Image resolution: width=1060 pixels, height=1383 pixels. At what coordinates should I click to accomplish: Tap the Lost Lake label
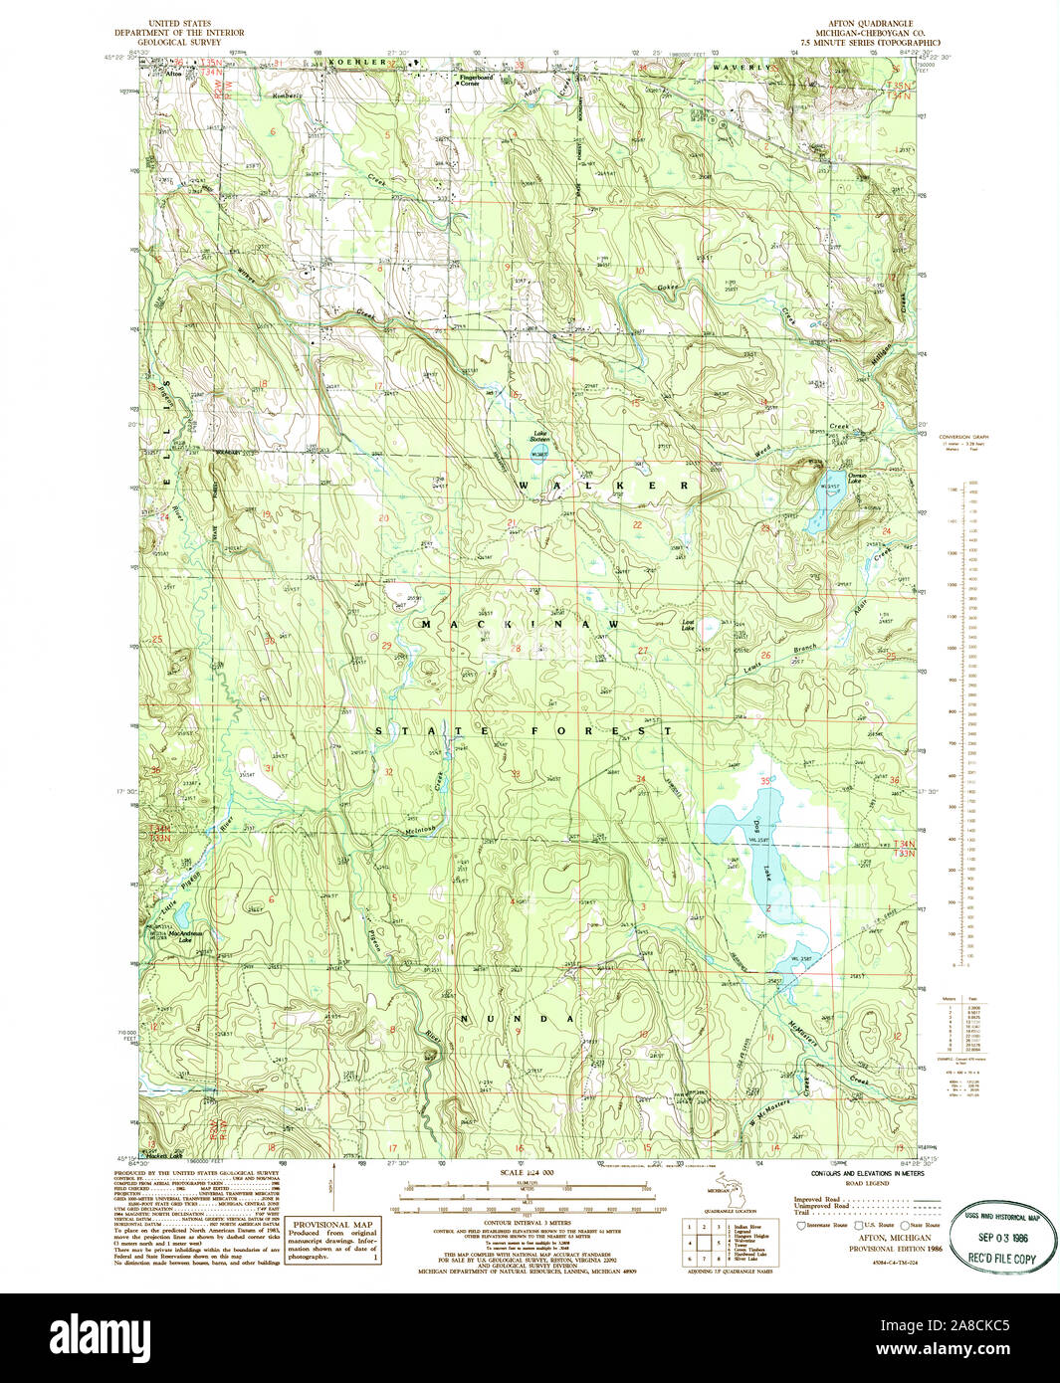tap(688, 626)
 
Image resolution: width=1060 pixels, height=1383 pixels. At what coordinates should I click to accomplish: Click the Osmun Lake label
tap(832, 479)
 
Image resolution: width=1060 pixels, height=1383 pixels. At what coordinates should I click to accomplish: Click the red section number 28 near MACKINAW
tap(516, 649)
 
